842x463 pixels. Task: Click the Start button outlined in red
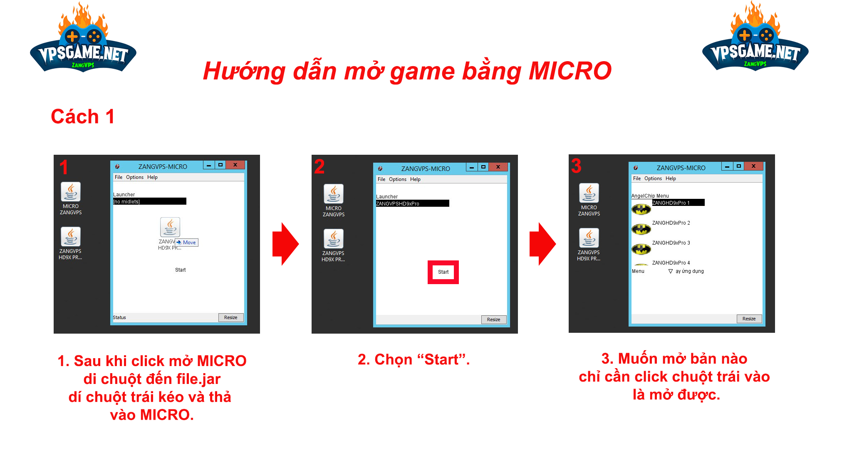pyautogui.click(x=443, y=272)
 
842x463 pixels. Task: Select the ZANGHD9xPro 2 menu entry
pyautogui.click(x=671, y=223)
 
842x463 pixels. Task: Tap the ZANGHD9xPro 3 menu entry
pyautogui.click(x=671, y=243)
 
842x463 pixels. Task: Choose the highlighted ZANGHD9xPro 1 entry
pyautogui.click(x=678, y=203)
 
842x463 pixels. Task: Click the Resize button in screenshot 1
pyautogui.click(x=231, y=317)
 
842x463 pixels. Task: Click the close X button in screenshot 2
pyautogui.click(x=498, y=167)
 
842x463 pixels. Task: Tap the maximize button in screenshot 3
pyautogui.click(x=739, y=166)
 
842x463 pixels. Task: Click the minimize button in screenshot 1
pyautogui.click(x=209, y=165)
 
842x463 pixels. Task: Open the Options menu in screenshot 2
pyautogui.click(x=398, y=179)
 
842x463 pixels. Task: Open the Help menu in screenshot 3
pyautogui.click(x=671, y=178)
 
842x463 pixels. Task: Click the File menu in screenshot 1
pyautogui.click(x=119, y=177)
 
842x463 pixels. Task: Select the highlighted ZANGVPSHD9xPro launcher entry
pyautogui.click(x=412, y=203)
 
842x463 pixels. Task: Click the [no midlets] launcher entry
pyautogui.click(x=149, y=201)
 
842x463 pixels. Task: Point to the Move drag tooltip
pyautogui.click(x=186, y=243)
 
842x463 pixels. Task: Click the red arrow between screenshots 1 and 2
pyautogui.click(x=285, y=244)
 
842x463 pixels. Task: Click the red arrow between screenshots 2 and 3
pyautogui.click(x=542, y=244)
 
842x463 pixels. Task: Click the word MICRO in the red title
pyautogui.click(x=570, y=71)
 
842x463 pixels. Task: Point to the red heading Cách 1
pyautogui.click(x=82, y=116)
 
